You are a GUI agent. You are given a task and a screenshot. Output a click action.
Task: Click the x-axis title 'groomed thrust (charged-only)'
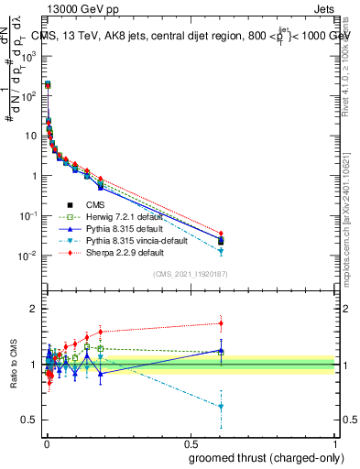coord(261,457)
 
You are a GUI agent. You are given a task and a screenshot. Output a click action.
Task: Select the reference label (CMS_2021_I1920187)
coord(190,274)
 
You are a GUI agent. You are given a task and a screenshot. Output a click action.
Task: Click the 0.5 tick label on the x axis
coord(191,442)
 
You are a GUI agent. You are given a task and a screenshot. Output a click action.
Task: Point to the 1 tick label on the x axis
coord(335,442)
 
